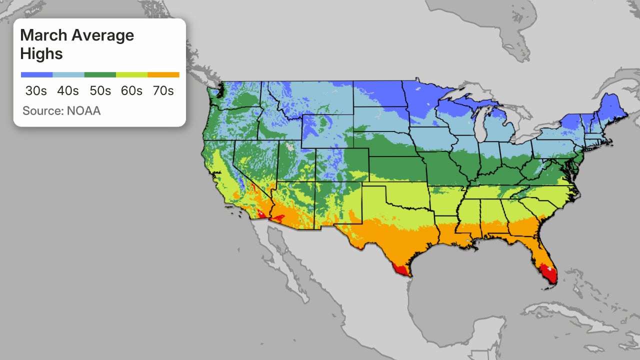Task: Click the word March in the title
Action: point(43,35)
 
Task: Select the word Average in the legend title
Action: point(102,35)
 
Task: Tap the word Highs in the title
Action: point(41,53)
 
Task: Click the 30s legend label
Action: point(36,91)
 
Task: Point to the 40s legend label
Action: point(67,91)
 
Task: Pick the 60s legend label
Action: point(131,91)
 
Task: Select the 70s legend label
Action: point(162,91)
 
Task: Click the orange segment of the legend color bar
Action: point(163,75)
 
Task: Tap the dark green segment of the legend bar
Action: point(99,75)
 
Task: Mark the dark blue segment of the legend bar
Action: point(36,75)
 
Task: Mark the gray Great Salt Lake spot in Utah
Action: point(291,148)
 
